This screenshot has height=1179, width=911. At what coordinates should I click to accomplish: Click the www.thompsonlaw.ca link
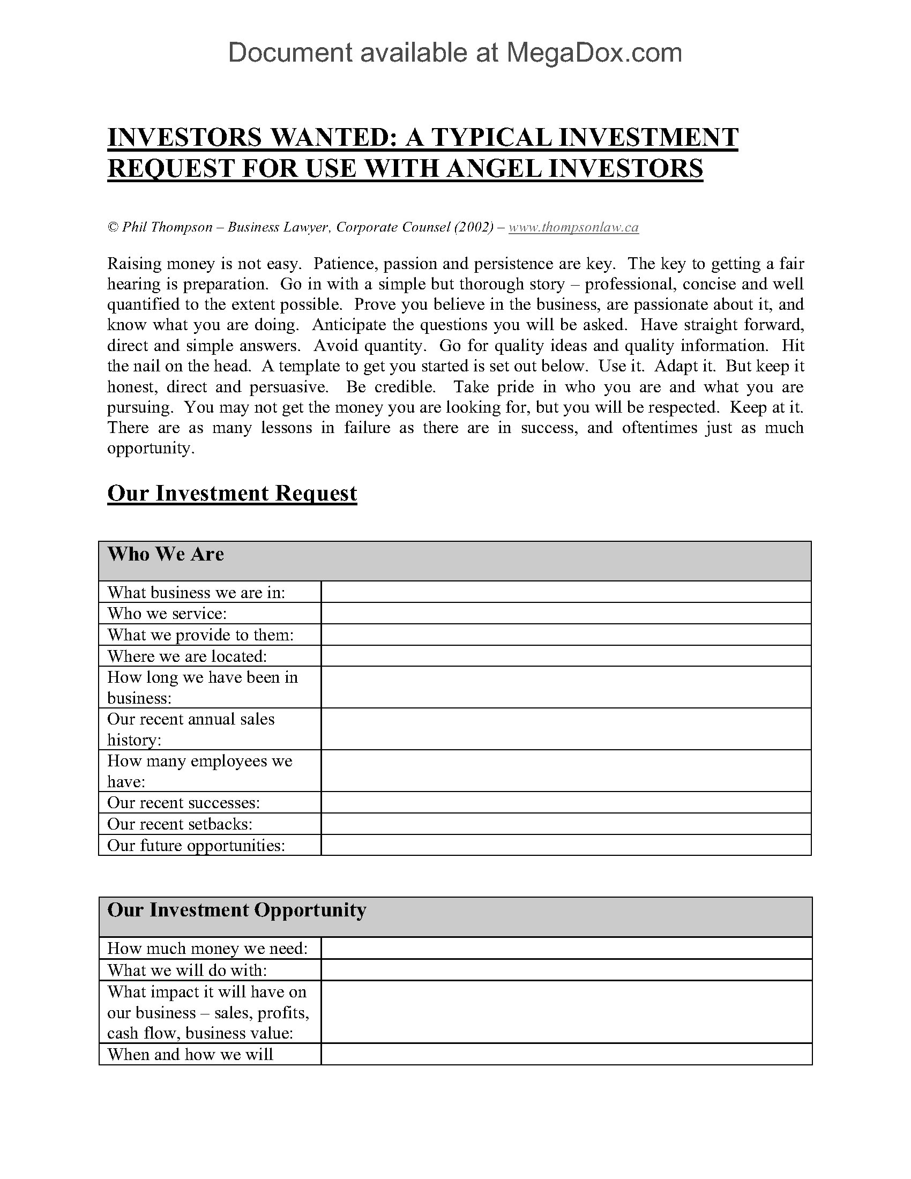tap(573, 227)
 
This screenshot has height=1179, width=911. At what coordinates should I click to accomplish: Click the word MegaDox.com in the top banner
tap(594, 53)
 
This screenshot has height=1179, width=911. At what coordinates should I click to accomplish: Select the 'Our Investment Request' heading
tap(232, 494)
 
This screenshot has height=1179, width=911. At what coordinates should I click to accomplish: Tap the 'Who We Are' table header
tap(166, 555)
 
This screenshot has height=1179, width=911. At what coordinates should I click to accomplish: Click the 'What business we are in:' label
tap(196, 592)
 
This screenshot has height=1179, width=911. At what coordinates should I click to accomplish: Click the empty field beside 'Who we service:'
tap(565, 613)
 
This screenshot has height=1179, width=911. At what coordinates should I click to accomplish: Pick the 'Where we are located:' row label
tap(186, 656)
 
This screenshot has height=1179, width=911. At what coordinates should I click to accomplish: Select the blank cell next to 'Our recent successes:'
tap(565, 803)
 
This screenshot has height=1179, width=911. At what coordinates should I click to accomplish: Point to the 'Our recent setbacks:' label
tap(180, 824)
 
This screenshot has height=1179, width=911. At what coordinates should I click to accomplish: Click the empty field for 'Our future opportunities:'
tap(565, 845)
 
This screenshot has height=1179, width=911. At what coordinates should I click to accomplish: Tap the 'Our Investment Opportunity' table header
tap(236, 910)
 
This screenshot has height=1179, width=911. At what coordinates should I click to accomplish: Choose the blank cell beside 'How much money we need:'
tap(565, 949)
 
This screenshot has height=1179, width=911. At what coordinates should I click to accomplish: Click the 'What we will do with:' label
tap(186, 970)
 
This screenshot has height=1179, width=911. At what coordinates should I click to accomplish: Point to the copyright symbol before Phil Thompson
tap(113, 228)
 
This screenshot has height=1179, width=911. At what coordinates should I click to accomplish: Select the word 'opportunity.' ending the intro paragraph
tap(151, 449)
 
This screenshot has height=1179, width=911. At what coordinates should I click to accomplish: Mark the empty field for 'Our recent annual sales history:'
tap(565, 729)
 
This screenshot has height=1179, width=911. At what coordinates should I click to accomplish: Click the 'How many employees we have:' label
tap(199, 771)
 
